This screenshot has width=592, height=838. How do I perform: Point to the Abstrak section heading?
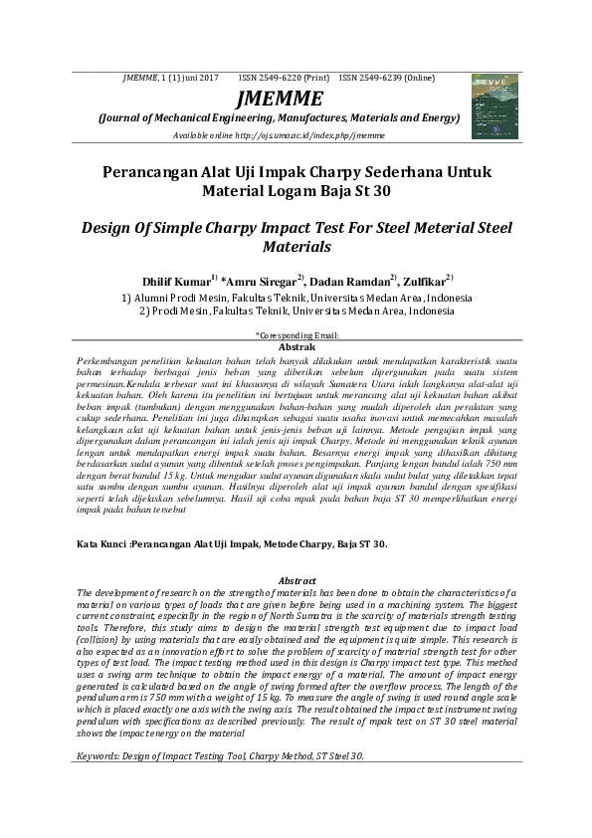point(296,345)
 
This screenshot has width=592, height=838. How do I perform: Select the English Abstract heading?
point(296,580)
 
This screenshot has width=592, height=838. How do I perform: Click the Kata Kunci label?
point(102,544)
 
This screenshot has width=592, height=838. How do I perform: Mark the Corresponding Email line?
point(296,336)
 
